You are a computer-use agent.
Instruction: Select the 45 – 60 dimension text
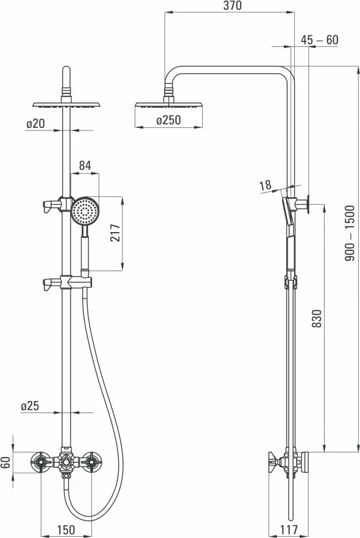click(320, 40)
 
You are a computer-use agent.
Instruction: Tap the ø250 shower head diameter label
click(168, 120)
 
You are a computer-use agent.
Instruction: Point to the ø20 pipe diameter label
click(35, 123)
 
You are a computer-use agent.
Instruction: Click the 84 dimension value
click(85, 166)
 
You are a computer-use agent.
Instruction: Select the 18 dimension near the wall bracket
click(264, 185)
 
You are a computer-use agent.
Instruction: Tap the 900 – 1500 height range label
click(349, 233)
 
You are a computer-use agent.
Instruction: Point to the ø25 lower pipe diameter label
click(30, 406)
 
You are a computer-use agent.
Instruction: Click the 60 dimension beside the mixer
click(6, 462)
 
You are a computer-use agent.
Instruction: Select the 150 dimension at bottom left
click(66, 530)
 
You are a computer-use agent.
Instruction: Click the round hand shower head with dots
click(84, 211)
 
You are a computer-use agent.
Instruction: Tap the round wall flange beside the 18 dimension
click(309, 204)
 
